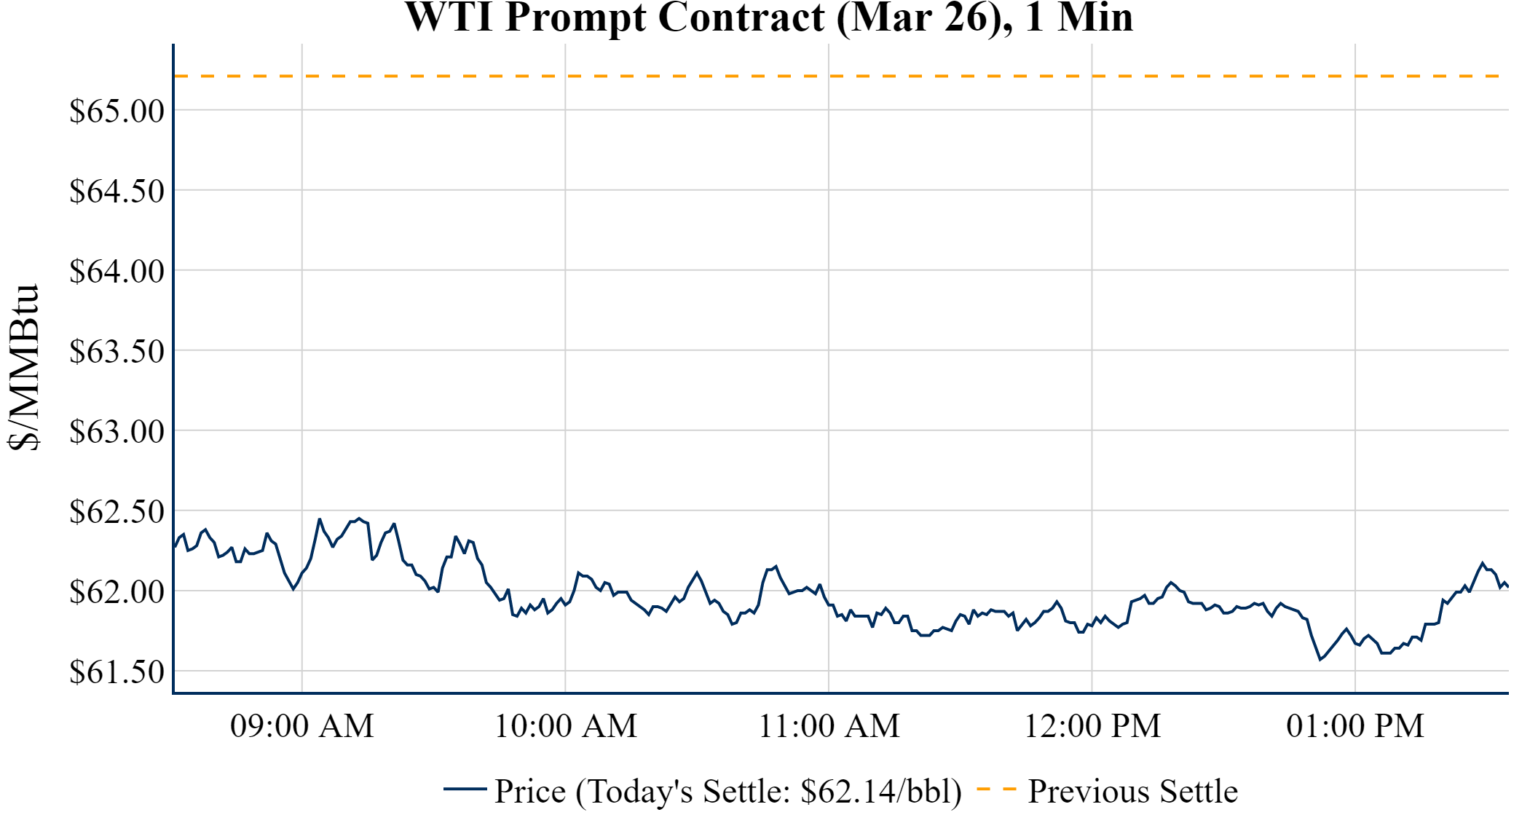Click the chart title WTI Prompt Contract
click(769, 17)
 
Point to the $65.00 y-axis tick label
click(117, 111)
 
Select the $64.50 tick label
click(117, 192)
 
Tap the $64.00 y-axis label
click(117, 272)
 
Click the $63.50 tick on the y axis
click(117, 352)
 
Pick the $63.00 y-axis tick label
click(117, 432)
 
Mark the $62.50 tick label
click(117, 512)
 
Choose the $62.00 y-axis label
click(117, 592)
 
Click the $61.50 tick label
click(117, 672)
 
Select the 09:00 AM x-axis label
click(302, 726)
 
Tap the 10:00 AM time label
click(566, 726)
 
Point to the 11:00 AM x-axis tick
click(829, 726)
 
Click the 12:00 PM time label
click(1092, 726)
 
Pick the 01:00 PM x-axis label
click(1355, 726)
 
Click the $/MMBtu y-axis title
click(23, 368)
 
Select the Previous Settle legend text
click(1132, 792)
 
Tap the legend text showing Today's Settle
click(728, 792)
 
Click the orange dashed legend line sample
click(996, 789)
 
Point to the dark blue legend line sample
click(465, 789)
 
